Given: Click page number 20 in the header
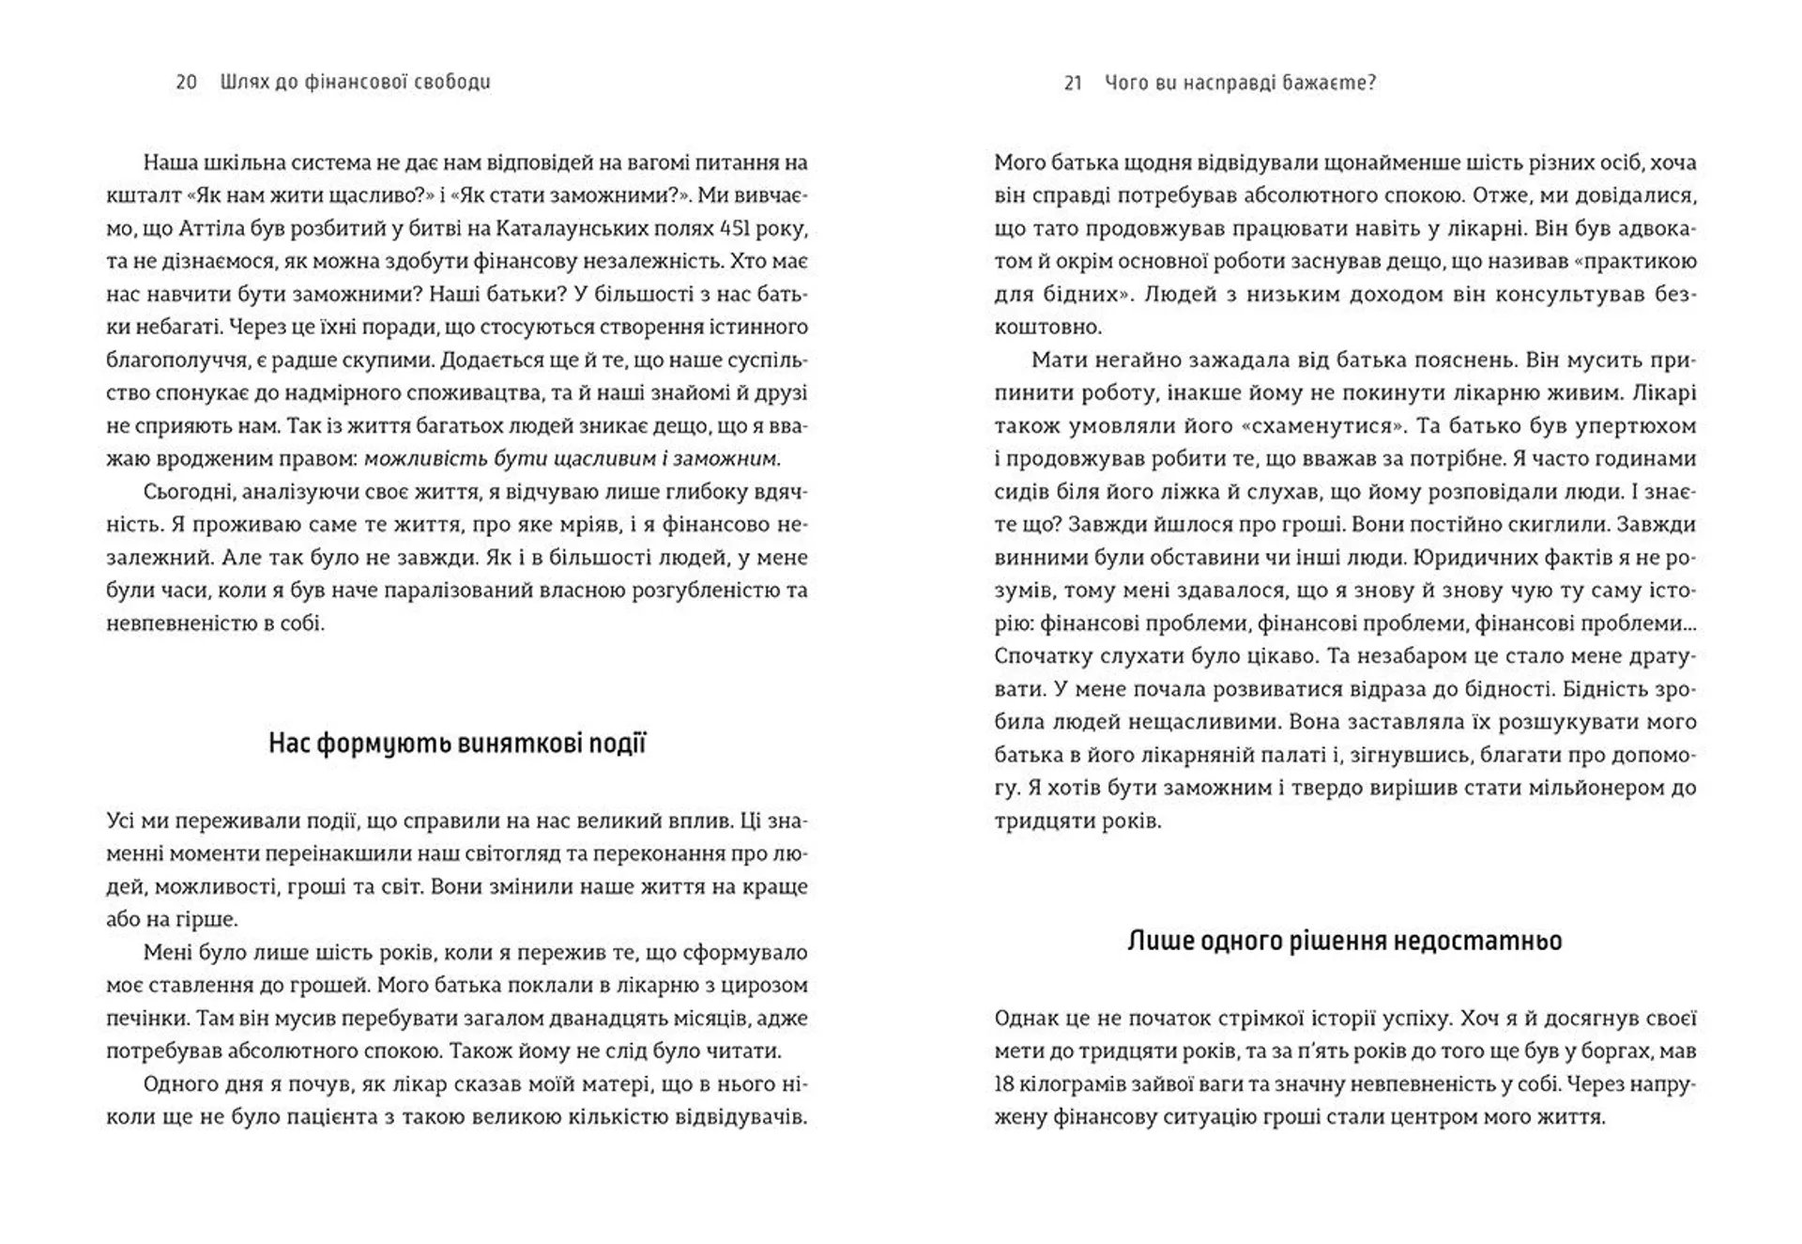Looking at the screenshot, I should pos(186,83).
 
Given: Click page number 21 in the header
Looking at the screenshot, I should pos(1074,83).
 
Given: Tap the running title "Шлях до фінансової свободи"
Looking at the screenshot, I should pos(355,83).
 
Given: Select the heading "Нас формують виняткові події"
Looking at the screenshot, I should pos(457,744).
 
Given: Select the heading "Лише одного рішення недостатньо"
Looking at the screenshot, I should pos(1344,941).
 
